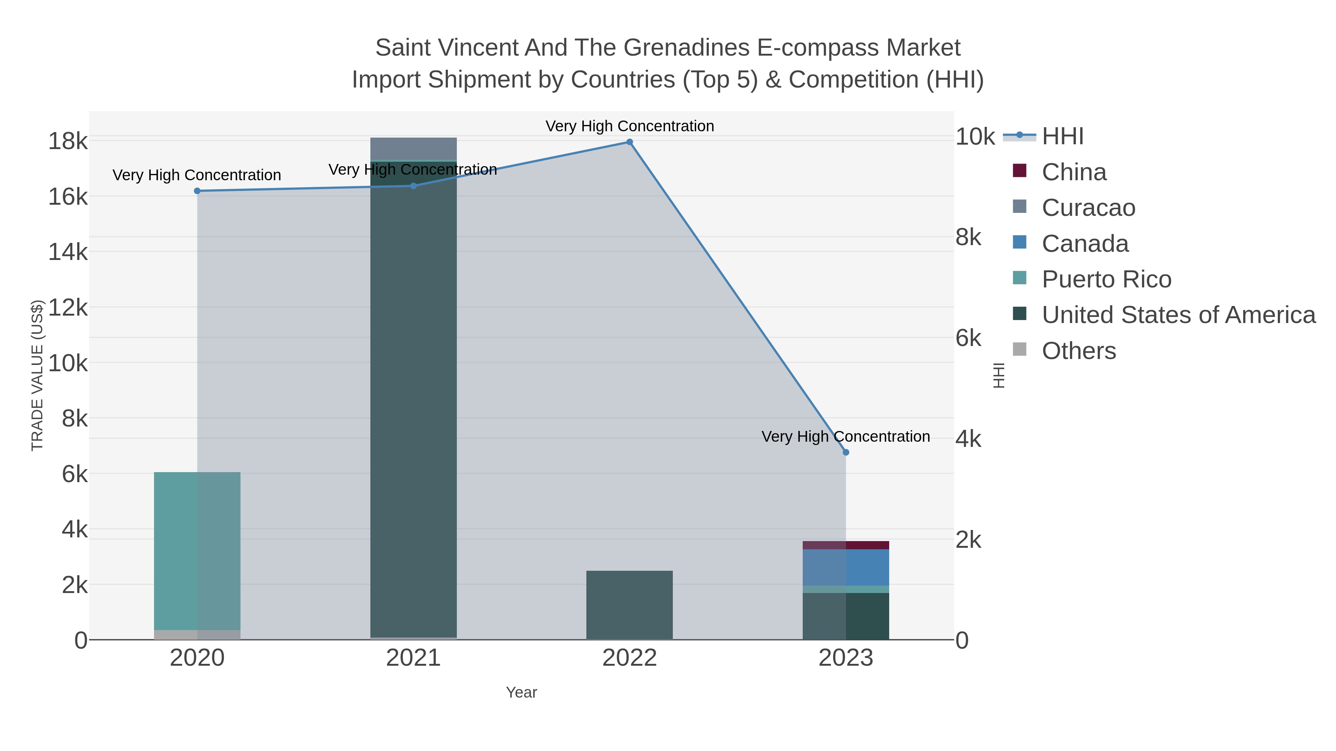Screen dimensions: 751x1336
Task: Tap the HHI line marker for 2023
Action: (x=845, y=452)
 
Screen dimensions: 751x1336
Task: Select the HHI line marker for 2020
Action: (x=197, y=191)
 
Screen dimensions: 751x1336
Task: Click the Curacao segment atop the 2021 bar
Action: (x=413, y=149)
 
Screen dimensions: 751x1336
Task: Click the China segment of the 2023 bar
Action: (x=845, y=545)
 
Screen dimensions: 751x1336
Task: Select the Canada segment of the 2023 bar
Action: (x=845, y=567)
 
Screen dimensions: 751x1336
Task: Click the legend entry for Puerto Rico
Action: (x=1106, y=279)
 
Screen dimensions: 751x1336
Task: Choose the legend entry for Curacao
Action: (x=1088, y=208)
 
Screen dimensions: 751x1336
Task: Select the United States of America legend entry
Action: (x=1178, y=315)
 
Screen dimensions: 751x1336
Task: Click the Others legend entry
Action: (x=1078, y=351)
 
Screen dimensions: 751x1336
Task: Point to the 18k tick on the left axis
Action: (x=68, y=141)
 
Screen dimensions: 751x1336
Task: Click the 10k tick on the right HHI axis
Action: (x=975, y=137)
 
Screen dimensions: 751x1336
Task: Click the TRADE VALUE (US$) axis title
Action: (x=37, y=375)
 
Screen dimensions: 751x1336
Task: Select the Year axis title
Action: (x=521, y=692)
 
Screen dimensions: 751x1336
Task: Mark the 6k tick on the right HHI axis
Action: (x=968, y=339)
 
